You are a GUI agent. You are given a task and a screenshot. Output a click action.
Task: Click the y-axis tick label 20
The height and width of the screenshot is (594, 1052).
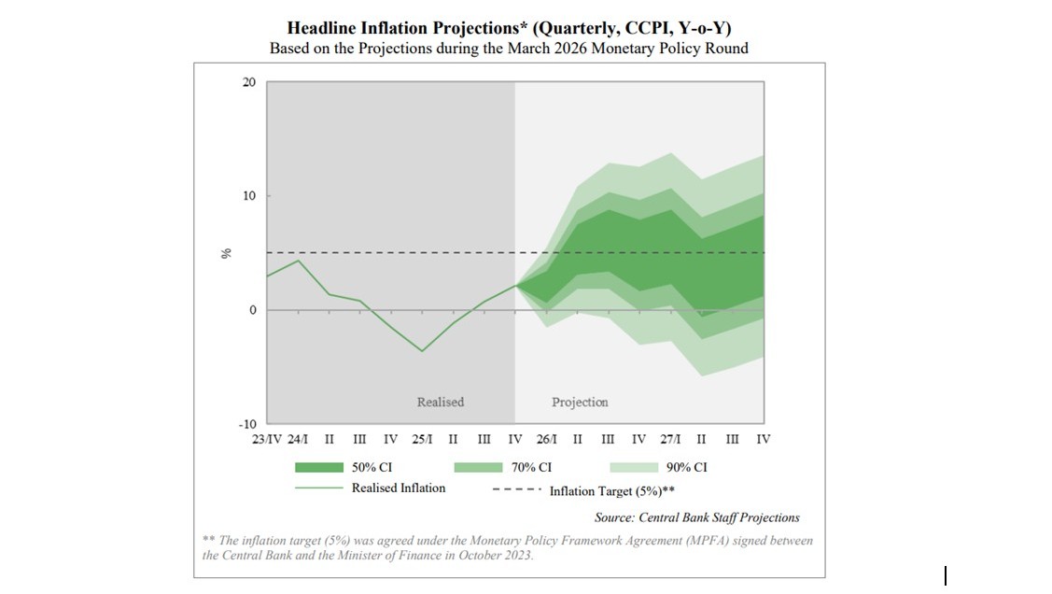click(x=248, y=82)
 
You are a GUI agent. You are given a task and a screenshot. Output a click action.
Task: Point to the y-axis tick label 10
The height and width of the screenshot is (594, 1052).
click(x=248, y=196)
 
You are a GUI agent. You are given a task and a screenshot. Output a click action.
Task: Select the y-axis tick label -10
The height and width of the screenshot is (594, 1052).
click(x=246, y=424)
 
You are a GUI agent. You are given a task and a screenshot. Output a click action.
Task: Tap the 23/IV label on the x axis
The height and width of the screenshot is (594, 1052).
click(x=267, y=439)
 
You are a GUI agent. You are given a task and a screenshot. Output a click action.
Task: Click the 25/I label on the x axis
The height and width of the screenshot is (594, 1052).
click(x=422, y=439)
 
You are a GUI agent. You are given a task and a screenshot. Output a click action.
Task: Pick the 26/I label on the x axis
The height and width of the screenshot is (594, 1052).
click(x=547, y=439)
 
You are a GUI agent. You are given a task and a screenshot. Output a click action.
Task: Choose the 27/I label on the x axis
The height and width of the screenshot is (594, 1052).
click(x=670, y=439)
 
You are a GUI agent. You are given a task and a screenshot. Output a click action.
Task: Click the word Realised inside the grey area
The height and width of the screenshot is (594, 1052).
click(x=440, y=403)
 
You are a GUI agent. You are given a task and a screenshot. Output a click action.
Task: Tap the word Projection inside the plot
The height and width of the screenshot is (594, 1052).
click(x=580, y=403)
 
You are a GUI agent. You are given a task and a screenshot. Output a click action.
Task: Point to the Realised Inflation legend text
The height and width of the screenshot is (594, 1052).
click(x=399, y=488)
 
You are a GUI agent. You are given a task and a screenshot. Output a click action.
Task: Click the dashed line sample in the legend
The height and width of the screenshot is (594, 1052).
click(x=514, y=489)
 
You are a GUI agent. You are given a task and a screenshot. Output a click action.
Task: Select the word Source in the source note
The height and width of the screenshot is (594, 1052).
click(x=614, y=517)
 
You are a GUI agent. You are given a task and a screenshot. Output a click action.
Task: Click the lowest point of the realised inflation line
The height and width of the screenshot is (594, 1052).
click(x=422, y=351)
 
